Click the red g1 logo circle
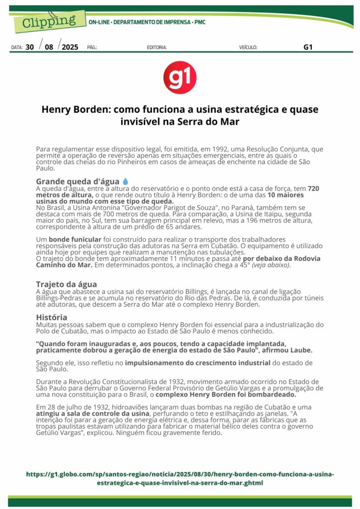pyautogui.click(x=180, y=78)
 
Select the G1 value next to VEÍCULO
pyautogui.click(x=308, y=48)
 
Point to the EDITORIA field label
pyautogui.click(x=157, y=48)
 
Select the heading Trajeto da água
pyautogui.click(x=66, y=284)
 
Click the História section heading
pyautogui.click(x=52, y=317)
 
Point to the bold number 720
pyautogui.click(x=314, y=188)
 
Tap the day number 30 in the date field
pyautogui.click(x=30, y=48)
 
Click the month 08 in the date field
pyautogui.click(x=49, y=48)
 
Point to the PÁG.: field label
pyautogui.click(x=92, y=48)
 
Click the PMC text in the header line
pyautogui.click(x=200, y=22)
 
